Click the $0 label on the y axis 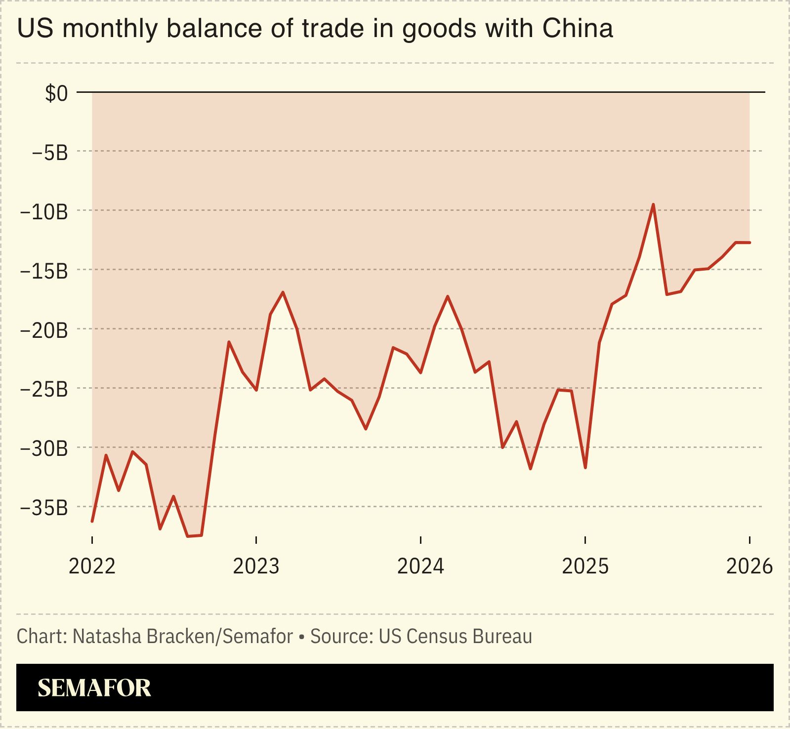(x=56, y=93)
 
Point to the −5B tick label (x=49, y=153)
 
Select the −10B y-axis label (x=43, y=212)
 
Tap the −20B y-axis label (x=43, y=330)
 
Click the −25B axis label (x=43, y=390)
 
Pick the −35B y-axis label (x=43, y=508)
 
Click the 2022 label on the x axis (x=92, y=566)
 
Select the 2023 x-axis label (x=256, y=566)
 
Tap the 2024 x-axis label (x=420, y=566)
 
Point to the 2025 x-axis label (x=585, y=566)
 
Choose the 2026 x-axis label (x=749, y=566)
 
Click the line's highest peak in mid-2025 (x=653, y=204)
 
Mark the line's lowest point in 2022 (x=188, y=536)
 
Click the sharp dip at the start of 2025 (x=585, y=467)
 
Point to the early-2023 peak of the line (x=283, y=292)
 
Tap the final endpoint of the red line (x=749, y=243)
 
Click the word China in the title (x=578, y=28)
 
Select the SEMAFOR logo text (x=94, y=688)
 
